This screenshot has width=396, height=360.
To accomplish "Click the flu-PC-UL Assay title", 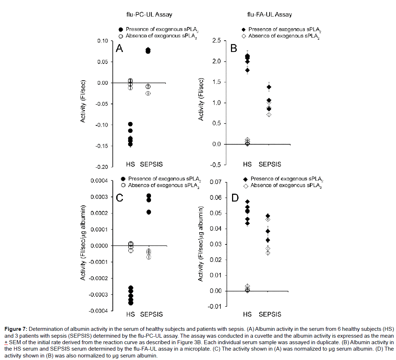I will click(x=146, y=15).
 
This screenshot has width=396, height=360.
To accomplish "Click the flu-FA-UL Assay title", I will click(x=269, y=15).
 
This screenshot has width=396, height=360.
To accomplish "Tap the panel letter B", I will click(x=233, y=49).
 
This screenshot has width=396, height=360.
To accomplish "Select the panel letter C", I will click(x=120, y=198).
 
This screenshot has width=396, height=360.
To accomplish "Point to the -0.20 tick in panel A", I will click(x=102, y=167).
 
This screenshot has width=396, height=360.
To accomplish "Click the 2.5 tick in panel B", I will click(x=216, y=41).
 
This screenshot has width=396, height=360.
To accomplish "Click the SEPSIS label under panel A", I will click(x=151, y=165).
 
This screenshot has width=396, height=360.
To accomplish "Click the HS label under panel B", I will click(x=247, y=165).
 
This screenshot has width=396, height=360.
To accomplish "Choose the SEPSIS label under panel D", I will click(x=270, y=314).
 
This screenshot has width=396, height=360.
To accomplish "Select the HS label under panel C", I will click(x=130, y=314).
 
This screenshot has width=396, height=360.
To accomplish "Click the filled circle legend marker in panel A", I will click(x=121, y=30).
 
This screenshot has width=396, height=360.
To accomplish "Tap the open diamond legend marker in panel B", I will click(x=244, y=36).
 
